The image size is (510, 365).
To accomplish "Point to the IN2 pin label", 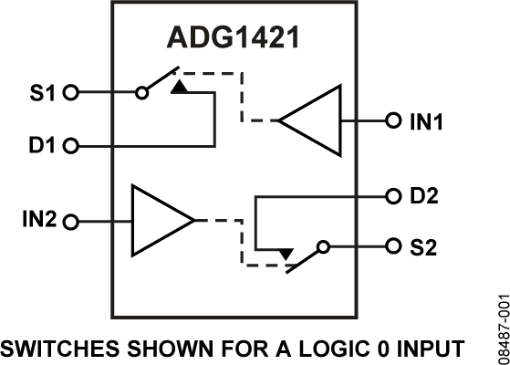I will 38,221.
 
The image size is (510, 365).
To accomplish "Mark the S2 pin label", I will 422,246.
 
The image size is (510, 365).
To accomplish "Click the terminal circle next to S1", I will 73,92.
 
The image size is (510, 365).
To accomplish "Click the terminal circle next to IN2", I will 73,221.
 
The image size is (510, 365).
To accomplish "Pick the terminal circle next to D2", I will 392,195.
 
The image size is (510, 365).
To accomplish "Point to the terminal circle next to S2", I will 392,246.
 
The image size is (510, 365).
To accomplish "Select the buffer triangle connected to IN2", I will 159,221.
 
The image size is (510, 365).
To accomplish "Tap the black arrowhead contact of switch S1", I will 181,88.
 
